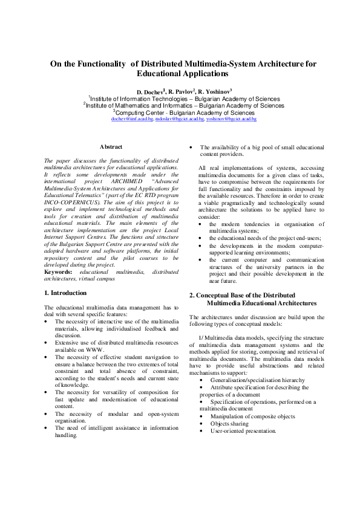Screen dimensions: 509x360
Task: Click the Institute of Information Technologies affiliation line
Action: [x=180, y=99]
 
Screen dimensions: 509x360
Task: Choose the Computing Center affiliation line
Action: [x=180, y=112]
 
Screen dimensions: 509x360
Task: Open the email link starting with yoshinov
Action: [x=231, y=119]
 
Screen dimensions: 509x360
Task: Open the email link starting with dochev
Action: [x=132, y=119]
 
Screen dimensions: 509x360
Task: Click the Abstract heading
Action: [x=111, y=147]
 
